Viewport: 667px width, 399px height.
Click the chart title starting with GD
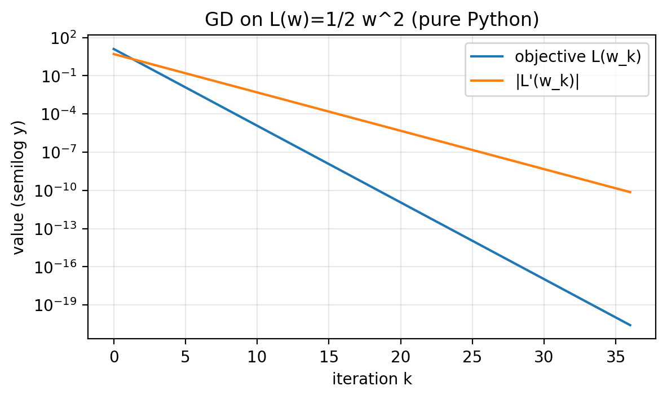[372, 19]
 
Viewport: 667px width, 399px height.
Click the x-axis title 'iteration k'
[372, 379]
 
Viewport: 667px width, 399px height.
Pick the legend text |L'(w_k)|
[547, 81]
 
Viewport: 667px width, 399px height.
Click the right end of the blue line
[630, 325]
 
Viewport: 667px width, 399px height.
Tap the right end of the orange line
[630, 192]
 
